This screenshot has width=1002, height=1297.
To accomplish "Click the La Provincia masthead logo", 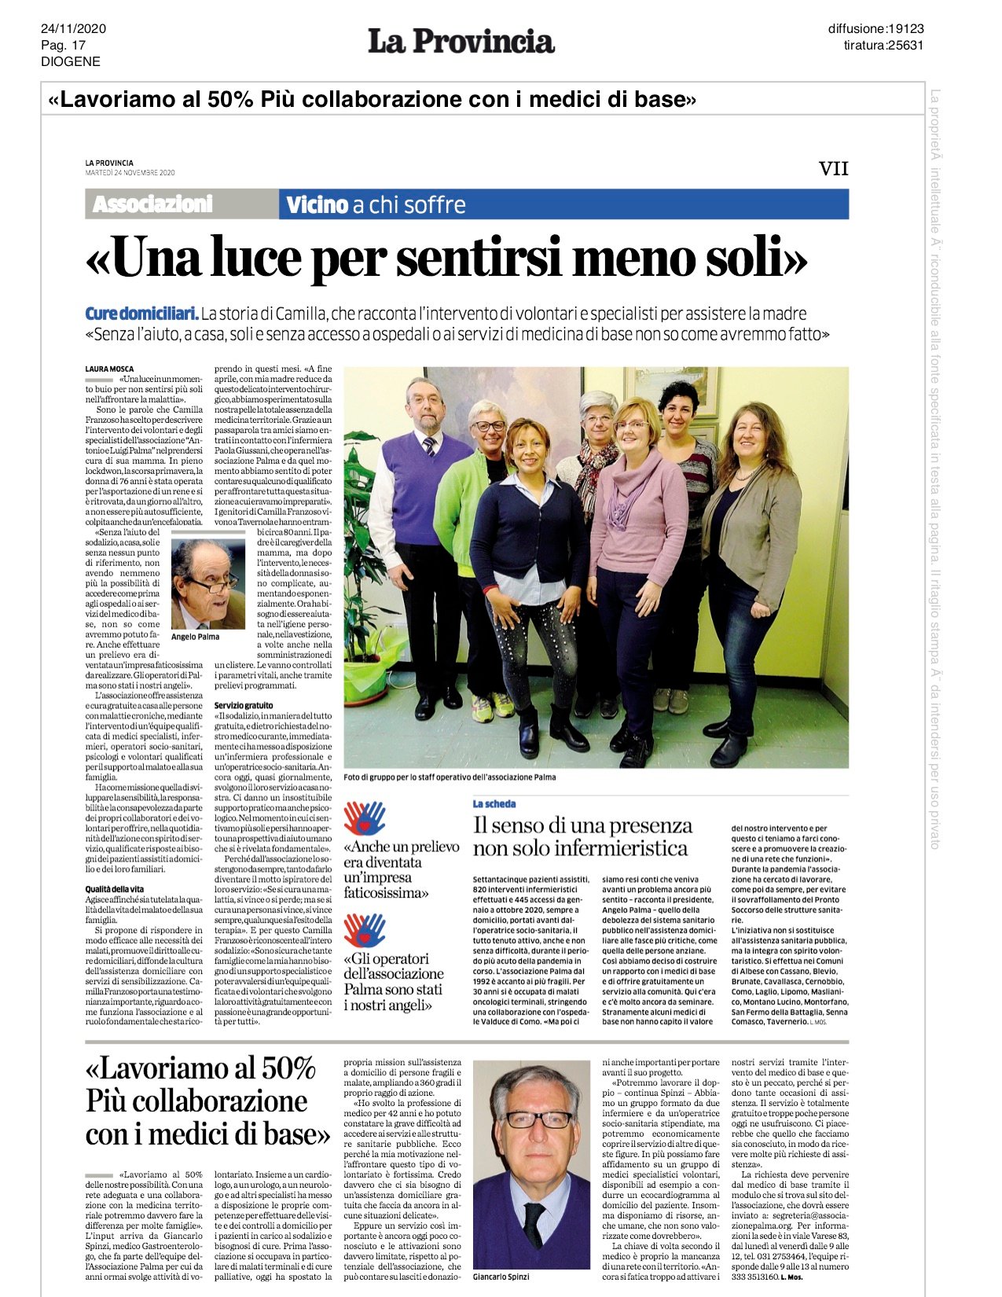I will pos(461,42).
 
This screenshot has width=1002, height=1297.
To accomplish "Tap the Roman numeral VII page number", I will pos(833,169).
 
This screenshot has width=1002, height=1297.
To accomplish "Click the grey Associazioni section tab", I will pos(152,204).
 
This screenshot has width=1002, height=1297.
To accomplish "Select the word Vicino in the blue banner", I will pos(317,205).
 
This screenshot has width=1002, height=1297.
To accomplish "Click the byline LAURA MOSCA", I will pos(109,369).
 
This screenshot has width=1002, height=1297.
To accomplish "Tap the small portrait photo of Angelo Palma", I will pos(208,584).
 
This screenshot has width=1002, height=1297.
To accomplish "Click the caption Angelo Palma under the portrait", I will pos(196,637).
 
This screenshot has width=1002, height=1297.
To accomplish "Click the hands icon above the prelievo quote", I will pos(364,818).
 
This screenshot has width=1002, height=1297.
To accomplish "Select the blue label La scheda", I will pos(494,803).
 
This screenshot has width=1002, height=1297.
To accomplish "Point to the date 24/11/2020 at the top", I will pos(73,30).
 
